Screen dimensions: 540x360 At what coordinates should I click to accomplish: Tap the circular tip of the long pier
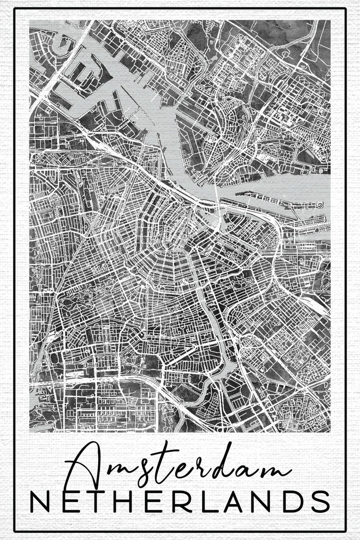[x=320, y=205]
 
